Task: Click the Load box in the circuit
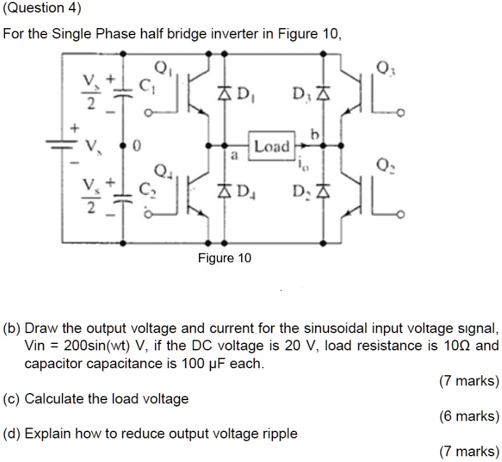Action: pos(272,146)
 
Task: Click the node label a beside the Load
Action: pos(234,155)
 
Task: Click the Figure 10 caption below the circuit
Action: pos(225,258)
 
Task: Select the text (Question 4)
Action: pos(43,8)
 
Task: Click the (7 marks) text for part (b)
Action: pos(469,382)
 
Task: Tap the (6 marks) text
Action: pos(469,416)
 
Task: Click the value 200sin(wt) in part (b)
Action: pos(97,346)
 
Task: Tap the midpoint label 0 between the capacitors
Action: pos(135,146)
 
